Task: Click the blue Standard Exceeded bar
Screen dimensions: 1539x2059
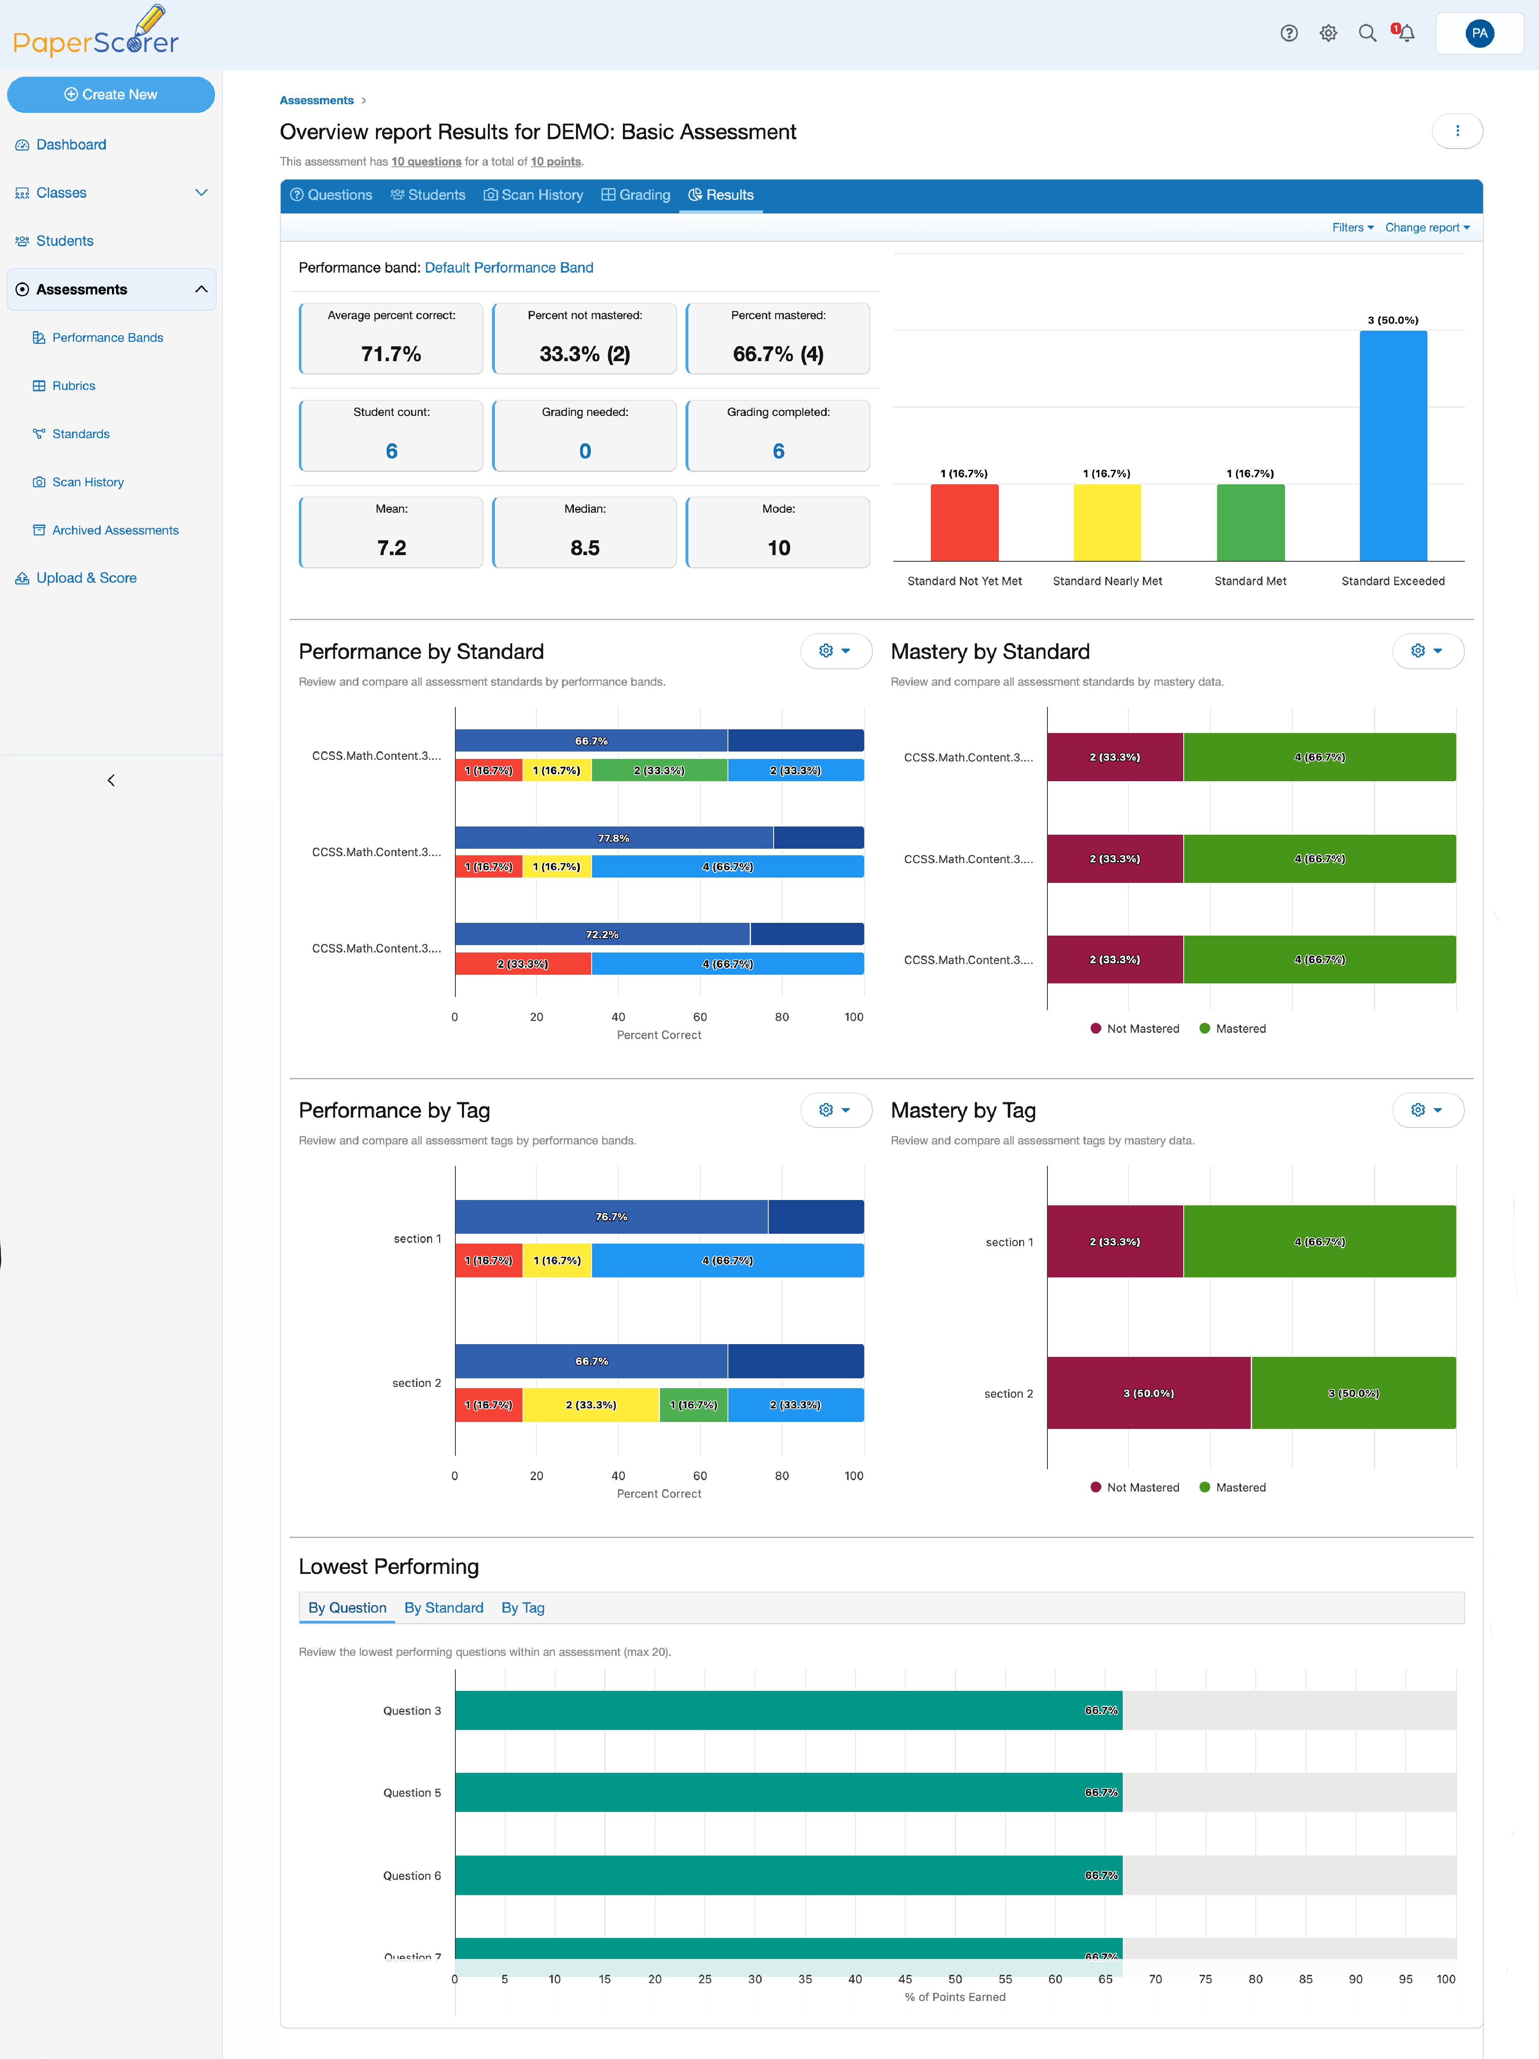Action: (1393, 446)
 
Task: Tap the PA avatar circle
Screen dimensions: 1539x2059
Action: (1478, 33)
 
